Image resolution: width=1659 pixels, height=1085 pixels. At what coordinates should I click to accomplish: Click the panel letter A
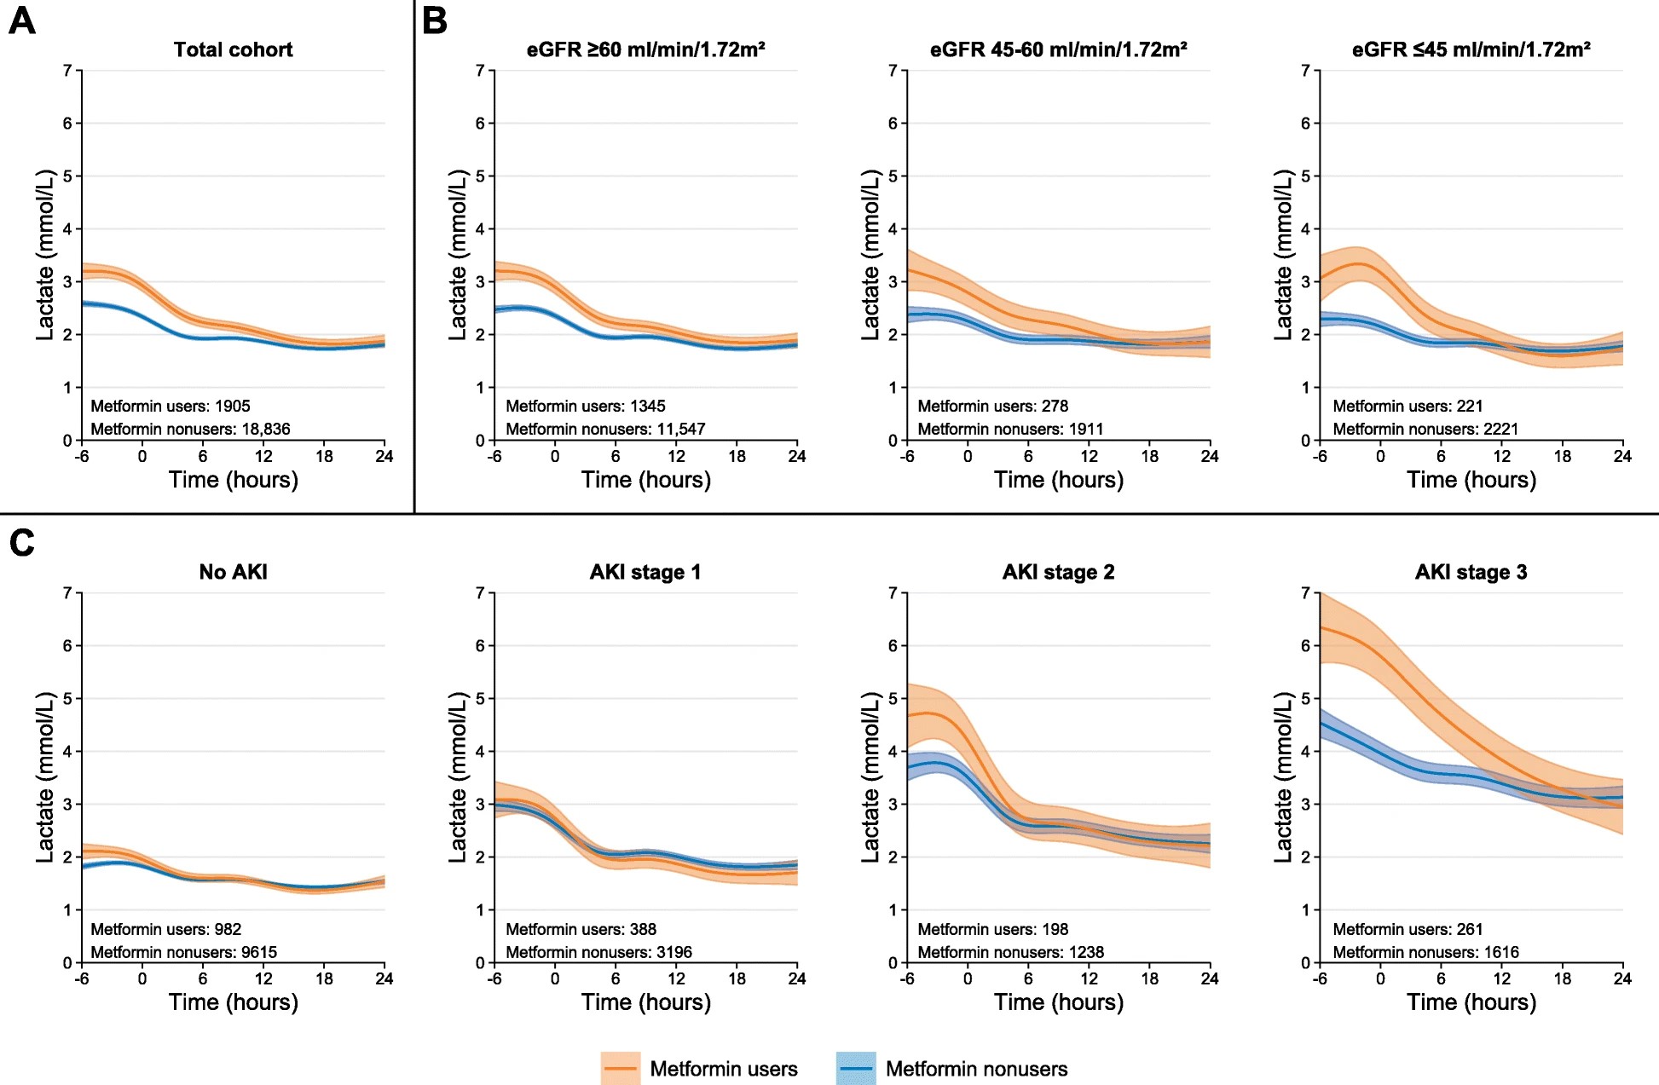point(21,20)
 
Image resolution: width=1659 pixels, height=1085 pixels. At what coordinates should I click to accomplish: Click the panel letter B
point(435,20)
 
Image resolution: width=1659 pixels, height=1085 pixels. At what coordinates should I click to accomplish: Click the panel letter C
point(21,542)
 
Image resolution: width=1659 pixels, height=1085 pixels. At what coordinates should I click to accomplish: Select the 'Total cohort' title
point(233,49)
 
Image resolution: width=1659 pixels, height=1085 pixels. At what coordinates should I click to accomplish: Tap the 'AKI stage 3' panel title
point(1471,572)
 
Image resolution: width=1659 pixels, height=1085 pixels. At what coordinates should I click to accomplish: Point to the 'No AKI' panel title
point(233,572)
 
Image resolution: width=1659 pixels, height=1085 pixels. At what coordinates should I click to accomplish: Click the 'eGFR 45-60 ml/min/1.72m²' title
point(1058,49)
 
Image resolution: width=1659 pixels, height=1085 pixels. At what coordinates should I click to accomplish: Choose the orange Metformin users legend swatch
point(620,1068)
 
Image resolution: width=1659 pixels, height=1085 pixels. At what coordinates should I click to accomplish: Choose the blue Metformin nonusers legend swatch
point(855,1068)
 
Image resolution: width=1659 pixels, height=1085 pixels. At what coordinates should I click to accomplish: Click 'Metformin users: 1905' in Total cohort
point(171,407)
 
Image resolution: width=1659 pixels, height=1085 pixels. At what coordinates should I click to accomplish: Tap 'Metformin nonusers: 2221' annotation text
point(1425,429)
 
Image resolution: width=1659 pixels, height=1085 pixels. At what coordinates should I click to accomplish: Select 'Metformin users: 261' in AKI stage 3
point(1408,929)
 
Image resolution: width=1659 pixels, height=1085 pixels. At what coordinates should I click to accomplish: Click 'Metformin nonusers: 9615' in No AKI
point(183,952)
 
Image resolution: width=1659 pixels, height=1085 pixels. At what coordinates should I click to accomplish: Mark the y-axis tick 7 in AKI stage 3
point(1305,592)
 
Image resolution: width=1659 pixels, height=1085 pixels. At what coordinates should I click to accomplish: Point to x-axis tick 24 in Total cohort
point(384,457)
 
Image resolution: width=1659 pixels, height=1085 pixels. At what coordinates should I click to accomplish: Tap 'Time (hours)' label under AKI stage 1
point(645,1002)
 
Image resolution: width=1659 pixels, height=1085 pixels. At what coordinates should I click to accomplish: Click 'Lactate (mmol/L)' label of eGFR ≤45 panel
point(1282,255)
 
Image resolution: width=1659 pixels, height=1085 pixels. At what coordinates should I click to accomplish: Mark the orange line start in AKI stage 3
point(1321,628)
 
